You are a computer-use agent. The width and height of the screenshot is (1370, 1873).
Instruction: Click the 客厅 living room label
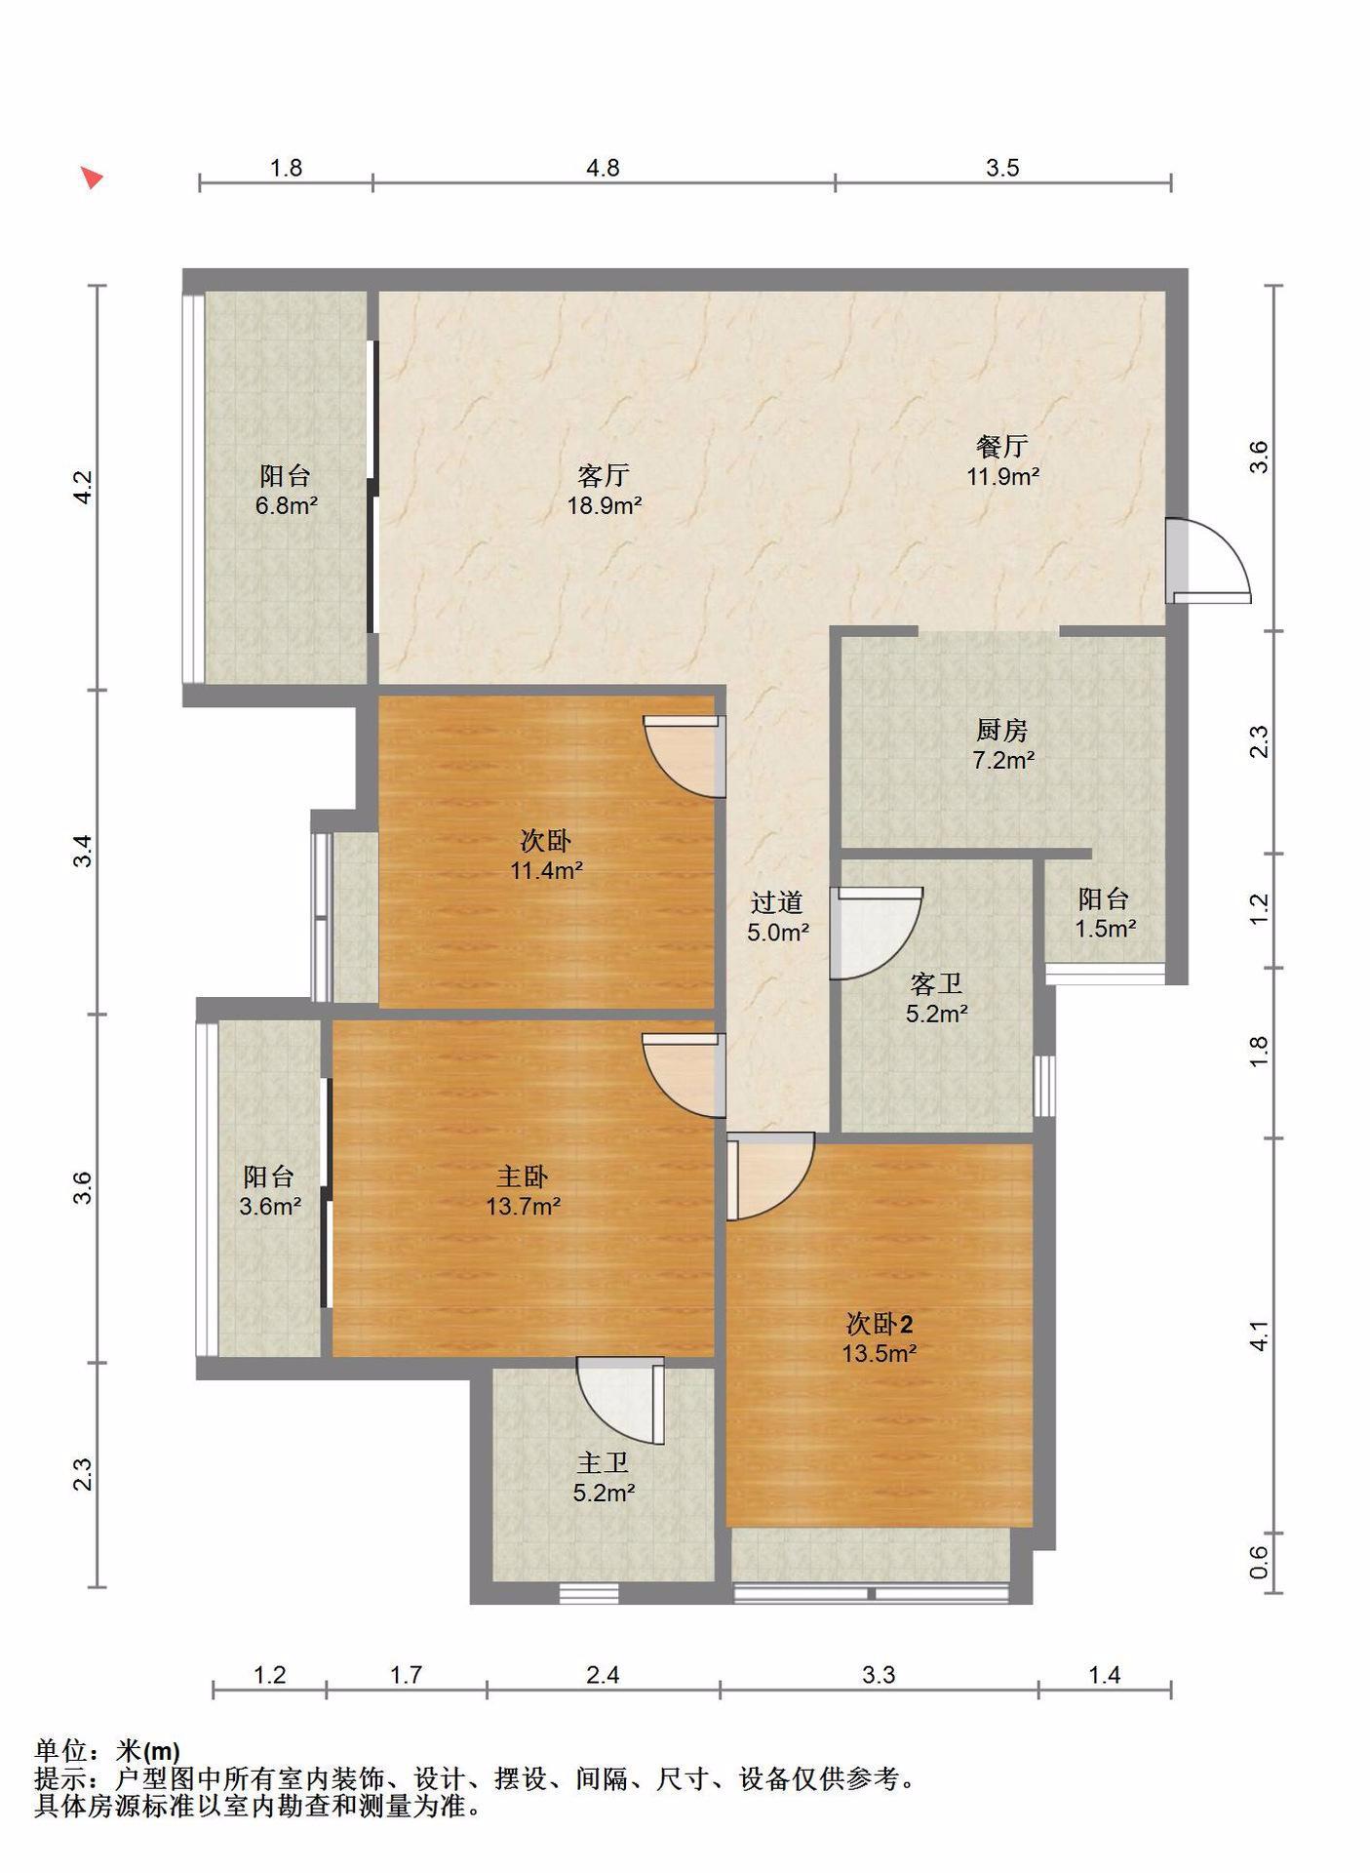pos(604,475)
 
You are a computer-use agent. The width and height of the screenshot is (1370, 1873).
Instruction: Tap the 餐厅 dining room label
pos(1002,446)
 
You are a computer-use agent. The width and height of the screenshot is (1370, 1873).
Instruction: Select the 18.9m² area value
pos(605,505)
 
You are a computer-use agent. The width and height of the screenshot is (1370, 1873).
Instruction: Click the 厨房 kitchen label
pos(1002,729)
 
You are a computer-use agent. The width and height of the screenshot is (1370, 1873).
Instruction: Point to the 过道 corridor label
pos(777,901)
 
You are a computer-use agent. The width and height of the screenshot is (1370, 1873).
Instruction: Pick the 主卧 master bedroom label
pos(523,1176)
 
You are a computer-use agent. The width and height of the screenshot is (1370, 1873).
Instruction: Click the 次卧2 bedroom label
pos(880,1324)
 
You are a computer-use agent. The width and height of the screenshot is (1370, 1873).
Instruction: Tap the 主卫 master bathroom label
pos(603,1463)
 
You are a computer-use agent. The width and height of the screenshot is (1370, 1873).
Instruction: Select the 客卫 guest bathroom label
pos(936,983)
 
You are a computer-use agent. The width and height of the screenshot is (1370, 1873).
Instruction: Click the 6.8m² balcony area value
pos(286,505)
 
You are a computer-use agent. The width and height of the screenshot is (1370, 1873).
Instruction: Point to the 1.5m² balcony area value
pos(1105,928)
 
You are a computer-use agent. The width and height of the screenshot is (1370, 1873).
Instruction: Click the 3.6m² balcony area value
pos(270,1207)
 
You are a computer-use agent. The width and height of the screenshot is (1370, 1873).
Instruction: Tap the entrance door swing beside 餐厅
pos(1209,561)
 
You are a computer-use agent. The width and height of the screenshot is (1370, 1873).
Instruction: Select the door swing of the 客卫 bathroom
pos(875,933)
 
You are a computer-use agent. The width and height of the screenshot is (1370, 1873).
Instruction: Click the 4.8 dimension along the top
pos(603,168)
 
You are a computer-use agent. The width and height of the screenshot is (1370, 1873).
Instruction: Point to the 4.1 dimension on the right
pos(1259,1335)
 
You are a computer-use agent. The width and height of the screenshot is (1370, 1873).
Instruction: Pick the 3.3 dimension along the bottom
pos(879,1675)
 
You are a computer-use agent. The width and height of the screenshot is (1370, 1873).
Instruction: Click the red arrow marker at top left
pos(92,178)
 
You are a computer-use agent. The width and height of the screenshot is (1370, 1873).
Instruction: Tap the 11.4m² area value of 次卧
pos(547,870)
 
